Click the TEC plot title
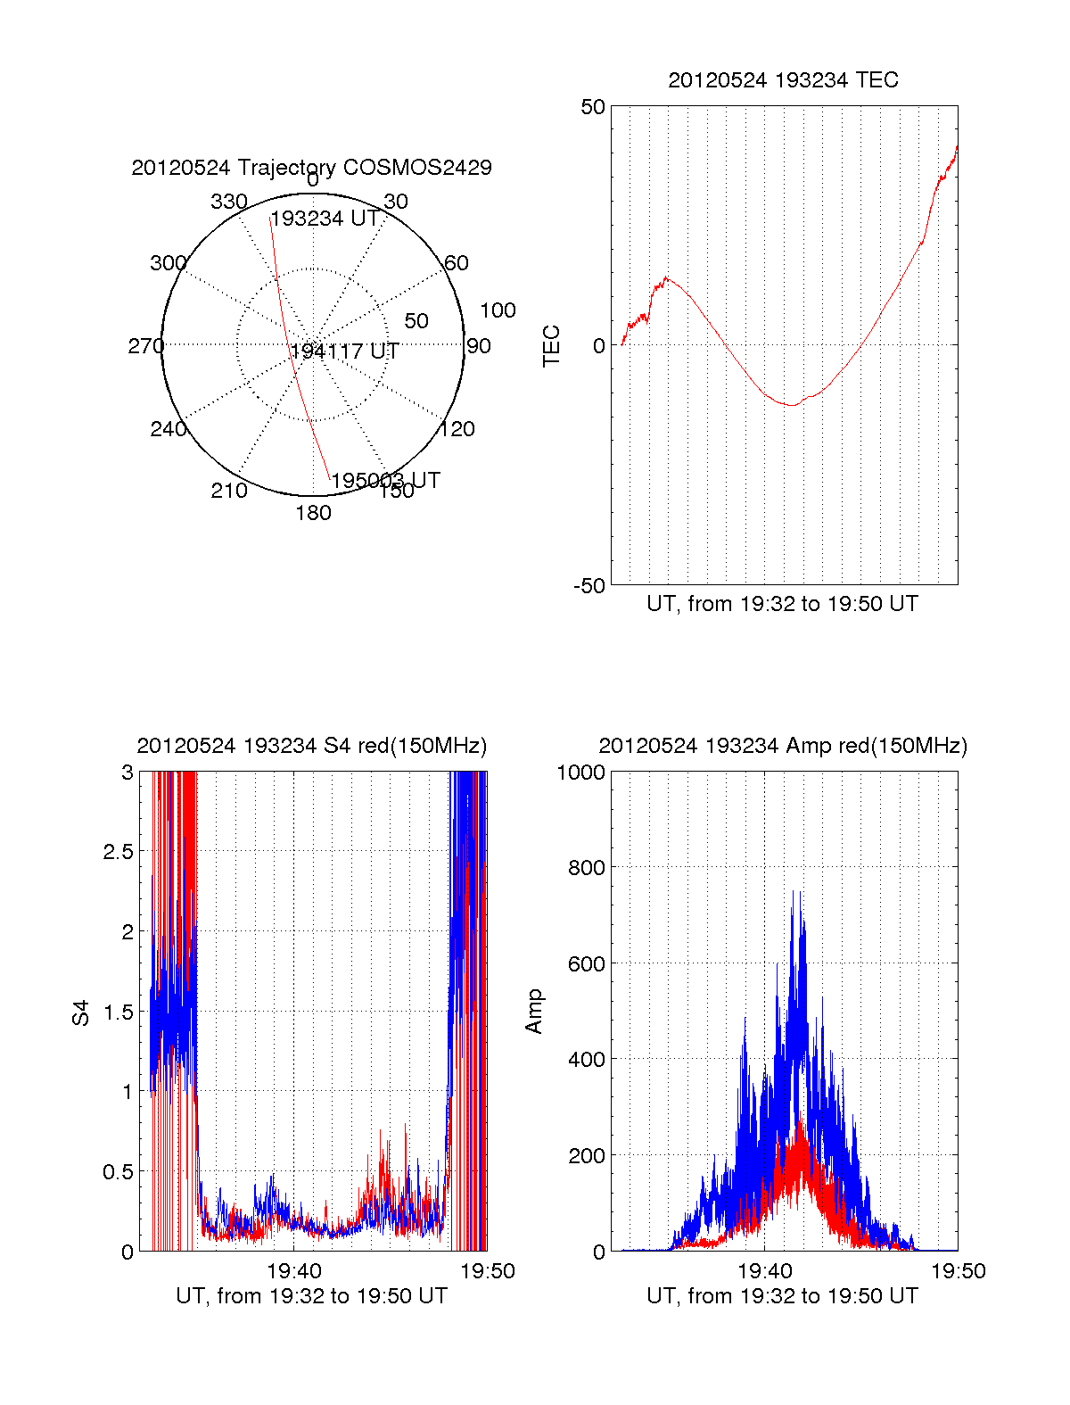tap(783, 80)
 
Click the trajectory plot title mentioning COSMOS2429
tap(311, 168)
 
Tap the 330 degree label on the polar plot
tap(228, 202)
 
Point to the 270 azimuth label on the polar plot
tap(145, 346)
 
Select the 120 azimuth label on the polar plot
tap(457, 429)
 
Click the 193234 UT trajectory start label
tap(325, 219)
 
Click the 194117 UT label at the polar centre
tap(344, 351)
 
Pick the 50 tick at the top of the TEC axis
tap(592, 107)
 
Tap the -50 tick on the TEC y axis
tap(588, 586)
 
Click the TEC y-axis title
tap(552, 346)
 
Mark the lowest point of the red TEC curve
tap(791, 405)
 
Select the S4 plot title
tap(311, 746)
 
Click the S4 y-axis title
tap(81, 1012)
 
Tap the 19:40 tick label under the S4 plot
tap(293, 1271)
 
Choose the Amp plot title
tap(782, 746)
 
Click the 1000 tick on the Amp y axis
tap(580, 773)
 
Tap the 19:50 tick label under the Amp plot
tap(959, 1271)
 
